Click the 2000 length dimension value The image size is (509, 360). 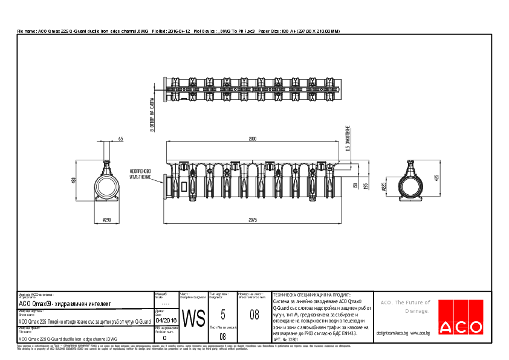point(252,139)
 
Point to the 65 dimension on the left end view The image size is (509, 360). point(120,139)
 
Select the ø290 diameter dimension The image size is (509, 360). point(108,220)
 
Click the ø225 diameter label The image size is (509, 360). point(383,187)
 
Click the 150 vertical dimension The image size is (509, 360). point(356,185)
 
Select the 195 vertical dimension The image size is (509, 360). point(366,185)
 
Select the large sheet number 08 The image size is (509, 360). point(254,315)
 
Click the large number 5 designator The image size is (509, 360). point(223,314)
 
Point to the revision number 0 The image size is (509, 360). point(164,338)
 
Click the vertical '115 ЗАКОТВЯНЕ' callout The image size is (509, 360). point(348,138)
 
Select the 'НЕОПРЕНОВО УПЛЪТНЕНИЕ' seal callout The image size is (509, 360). point(140,174)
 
